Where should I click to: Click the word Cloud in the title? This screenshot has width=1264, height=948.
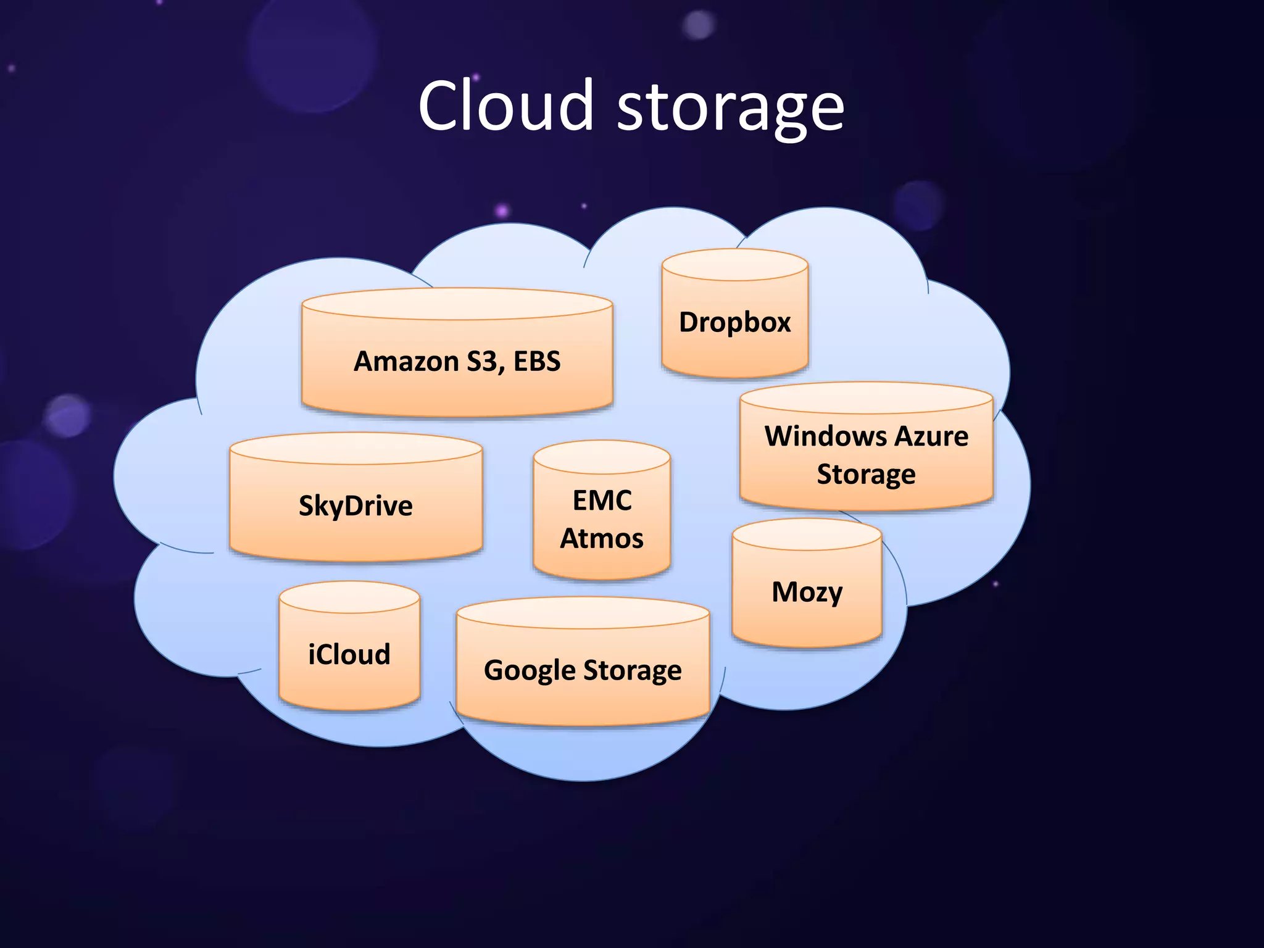(505, 106)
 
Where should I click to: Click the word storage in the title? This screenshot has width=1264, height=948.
(731, 110)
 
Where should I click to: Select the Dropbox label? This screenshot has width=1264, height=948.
(734, 323)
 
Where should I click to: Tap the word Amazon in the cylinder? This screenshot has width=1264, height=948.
(406, 362)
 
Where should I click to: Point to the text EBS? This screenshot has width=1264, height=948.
(537, 362)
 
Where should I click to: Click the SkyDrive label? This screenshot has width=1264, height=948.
(355, 506)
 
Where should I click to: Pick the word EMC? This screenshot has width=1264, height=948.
(602, 501)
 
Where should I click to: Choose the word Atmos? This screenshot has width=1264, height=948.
(602, 539)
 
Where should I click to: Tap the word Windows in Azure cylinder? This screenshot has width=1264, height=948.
(824, 436)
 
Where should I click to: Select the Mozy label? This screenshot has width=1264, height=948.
(807, 592)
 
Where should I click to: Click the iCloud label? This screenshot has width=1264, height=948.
(349, 654)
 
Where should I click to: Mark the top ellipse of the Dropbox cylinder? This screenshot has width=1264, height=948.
(734, 265)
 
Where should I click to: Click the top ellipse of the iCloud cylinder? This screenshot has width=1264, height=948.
(349, 597)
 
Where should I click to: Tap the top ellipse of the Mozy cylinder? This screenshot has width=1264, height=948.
(807, 534)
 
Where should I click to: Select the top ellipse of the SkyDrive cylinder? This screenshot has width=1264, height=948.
(355, 448)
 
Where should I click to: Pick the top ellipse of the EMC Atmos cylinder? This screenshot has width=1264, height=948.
(602, 457)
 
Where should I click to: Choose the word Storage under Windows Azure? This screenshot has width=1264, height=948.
(866, 475)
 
